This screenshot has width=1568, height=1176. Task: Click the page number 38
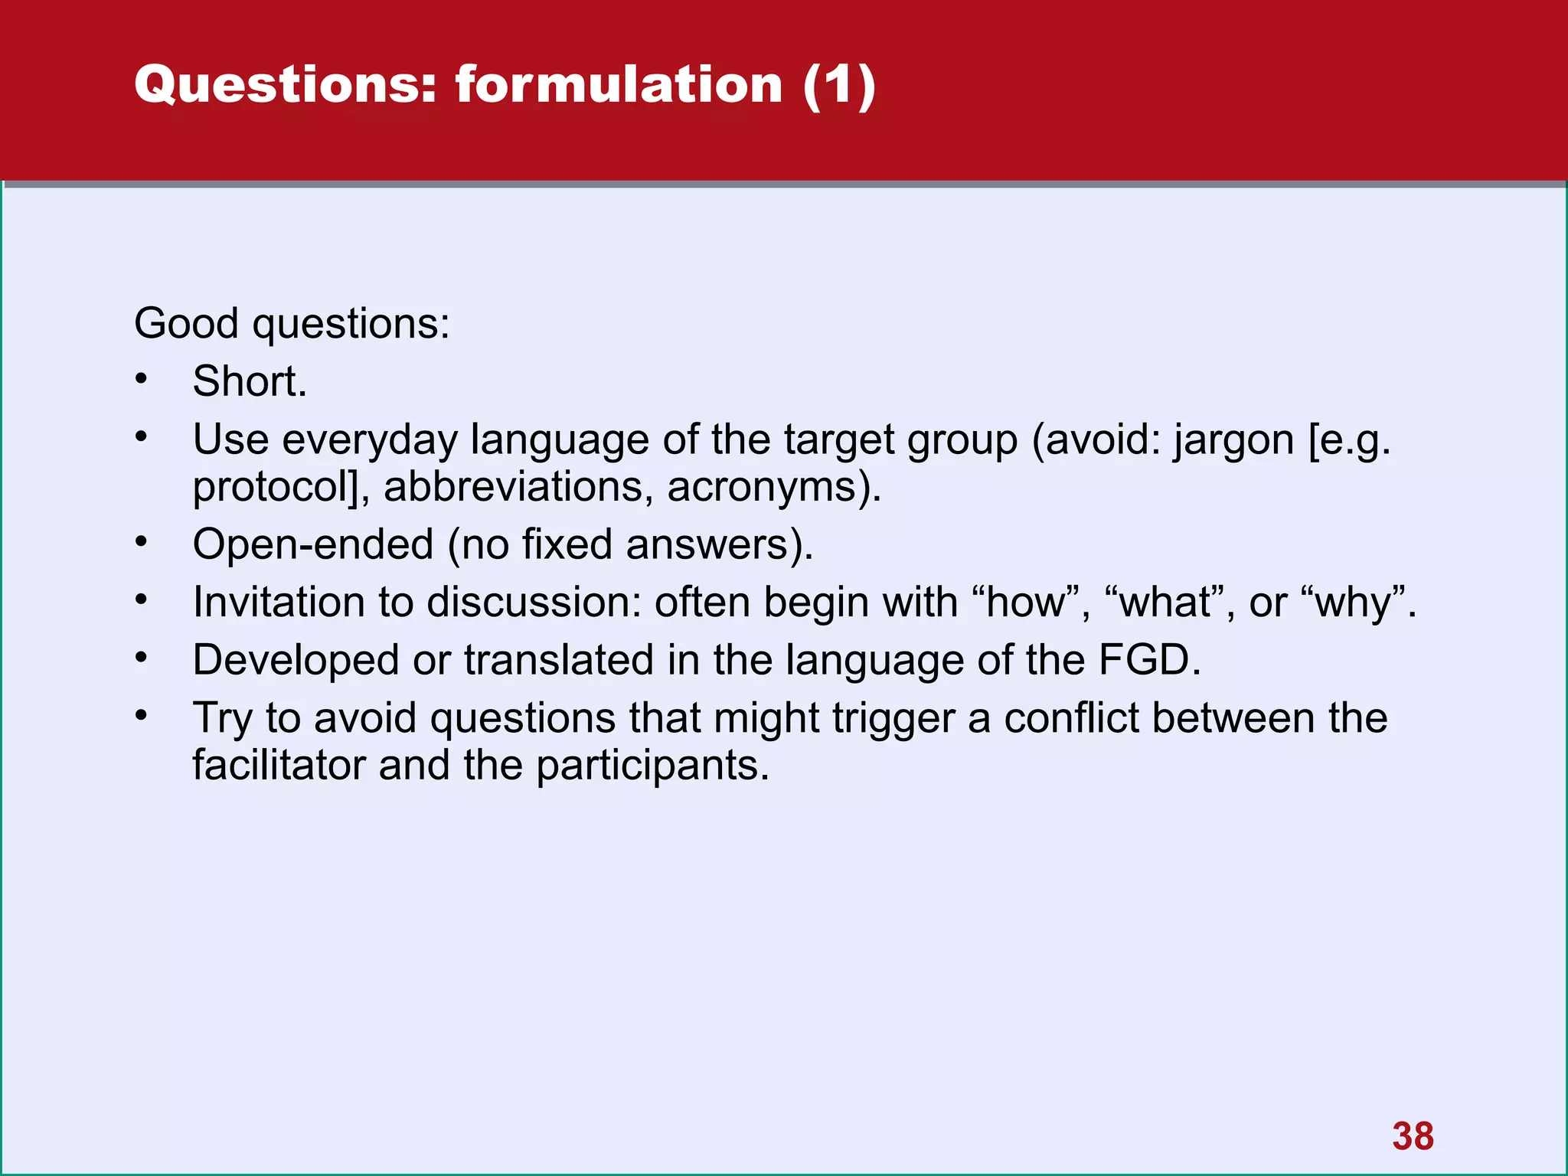(x=1413, y=1136)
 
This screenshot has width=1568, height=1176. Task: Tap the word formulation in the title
(x=619, y=84)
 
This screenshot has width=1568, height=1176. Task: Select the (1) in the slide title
(x=839, y=84)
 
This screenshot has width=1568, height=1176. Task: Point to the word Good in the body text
(x=186, y=323)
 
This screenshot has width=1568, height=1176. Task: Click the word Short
(x=249, y=381)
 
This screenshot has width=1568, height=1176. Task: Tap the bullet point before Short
(x=141, y=379)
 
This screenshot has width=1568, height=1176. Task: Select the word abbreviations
(x=518, y=487)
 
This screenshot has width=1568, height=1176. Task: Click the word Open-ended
(x=313, y=544)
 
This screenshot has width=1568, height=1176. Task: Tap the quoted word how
(x=1026, y=602)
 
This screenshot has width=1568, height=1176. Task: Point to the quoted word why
(x=1355, y=602)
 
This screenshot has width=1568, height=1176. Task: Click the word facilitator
(x=279, y=765)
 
